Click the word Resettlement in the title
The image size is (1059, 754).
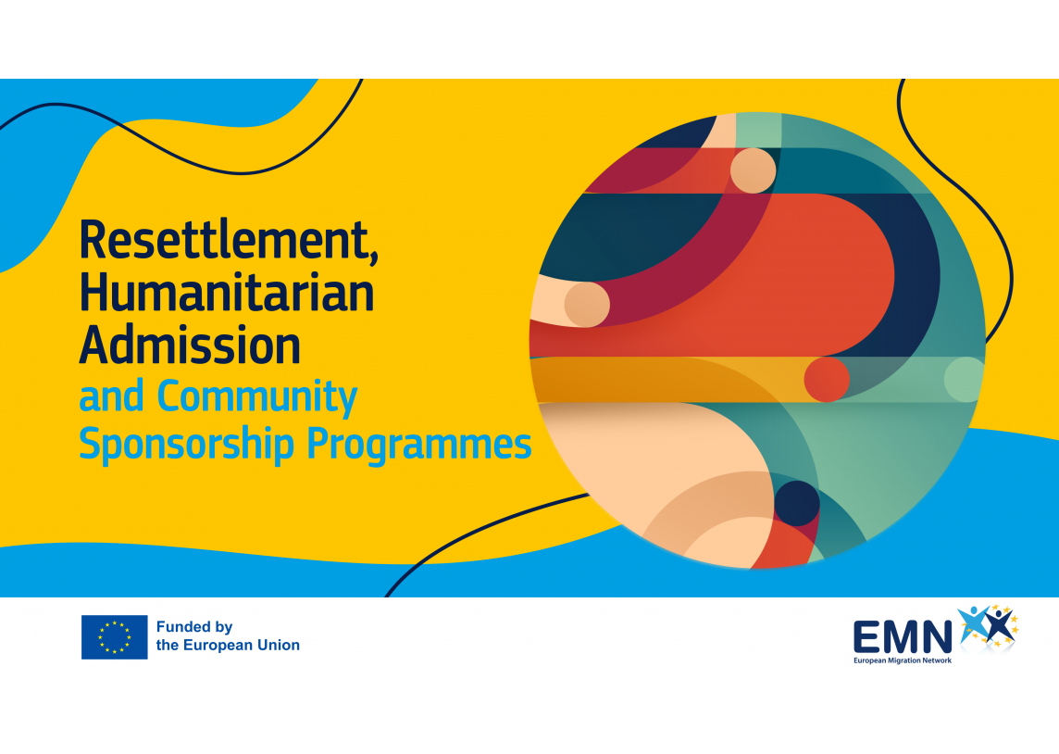(224, 240)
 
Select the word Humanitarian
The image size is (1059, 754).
(227, 293)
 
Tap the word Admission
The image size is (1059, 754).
(190, 346)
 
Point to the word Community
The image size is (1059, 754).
(257, 397)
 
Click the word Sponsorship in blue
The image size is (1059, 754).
(186, 445)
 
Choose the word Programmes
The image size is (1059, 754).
(419, 445)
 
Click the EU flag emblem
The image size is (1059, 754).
(114, 637)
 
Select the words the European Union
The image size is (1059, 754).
(228, 646)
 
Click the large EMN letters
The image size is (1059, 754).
(903, 638)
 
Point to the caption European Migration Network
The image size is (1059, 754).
(903, 660)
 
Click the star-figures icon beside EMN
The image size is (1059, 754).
(988, 626)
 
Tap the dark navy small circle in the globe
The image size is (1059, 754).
(797, 503)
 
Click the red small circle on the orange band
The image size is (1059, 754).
(827, 379)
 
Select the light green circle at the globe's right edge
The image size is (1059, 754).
(965, 379)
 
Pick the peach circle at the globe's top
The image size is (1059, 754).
(753, 170)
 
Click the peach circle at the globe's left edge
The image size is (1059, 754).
(587, 304)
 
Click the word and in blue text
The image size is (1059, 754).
(111, 396)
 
